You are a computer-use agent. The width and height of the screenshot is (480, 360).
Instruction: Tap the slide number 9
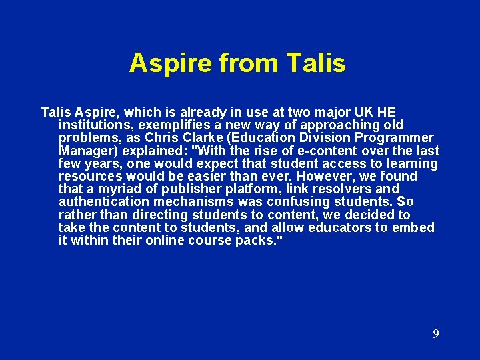click(x=435, y=334)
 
